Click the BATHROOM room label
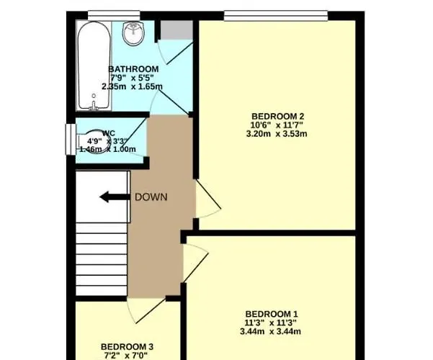[x=135, y=69]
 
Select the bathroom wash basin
[x=134, y=32]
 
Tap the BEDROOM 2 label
[x=277, y=117]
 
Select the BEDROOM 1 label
[x=272, y=313]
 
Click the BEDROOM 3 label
[x=127, y=346]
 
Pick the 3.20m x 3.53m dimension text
[x=277, y=134]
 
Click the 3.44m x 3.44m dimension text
[x=272, y=331]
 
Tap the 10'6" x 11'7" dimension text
[x=277, y=125]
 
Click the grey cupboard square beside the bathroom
[x=174, y=30]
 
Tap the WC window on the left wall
[x=70, y=140]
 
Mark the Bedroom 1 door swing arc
[x=196, y=259]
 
